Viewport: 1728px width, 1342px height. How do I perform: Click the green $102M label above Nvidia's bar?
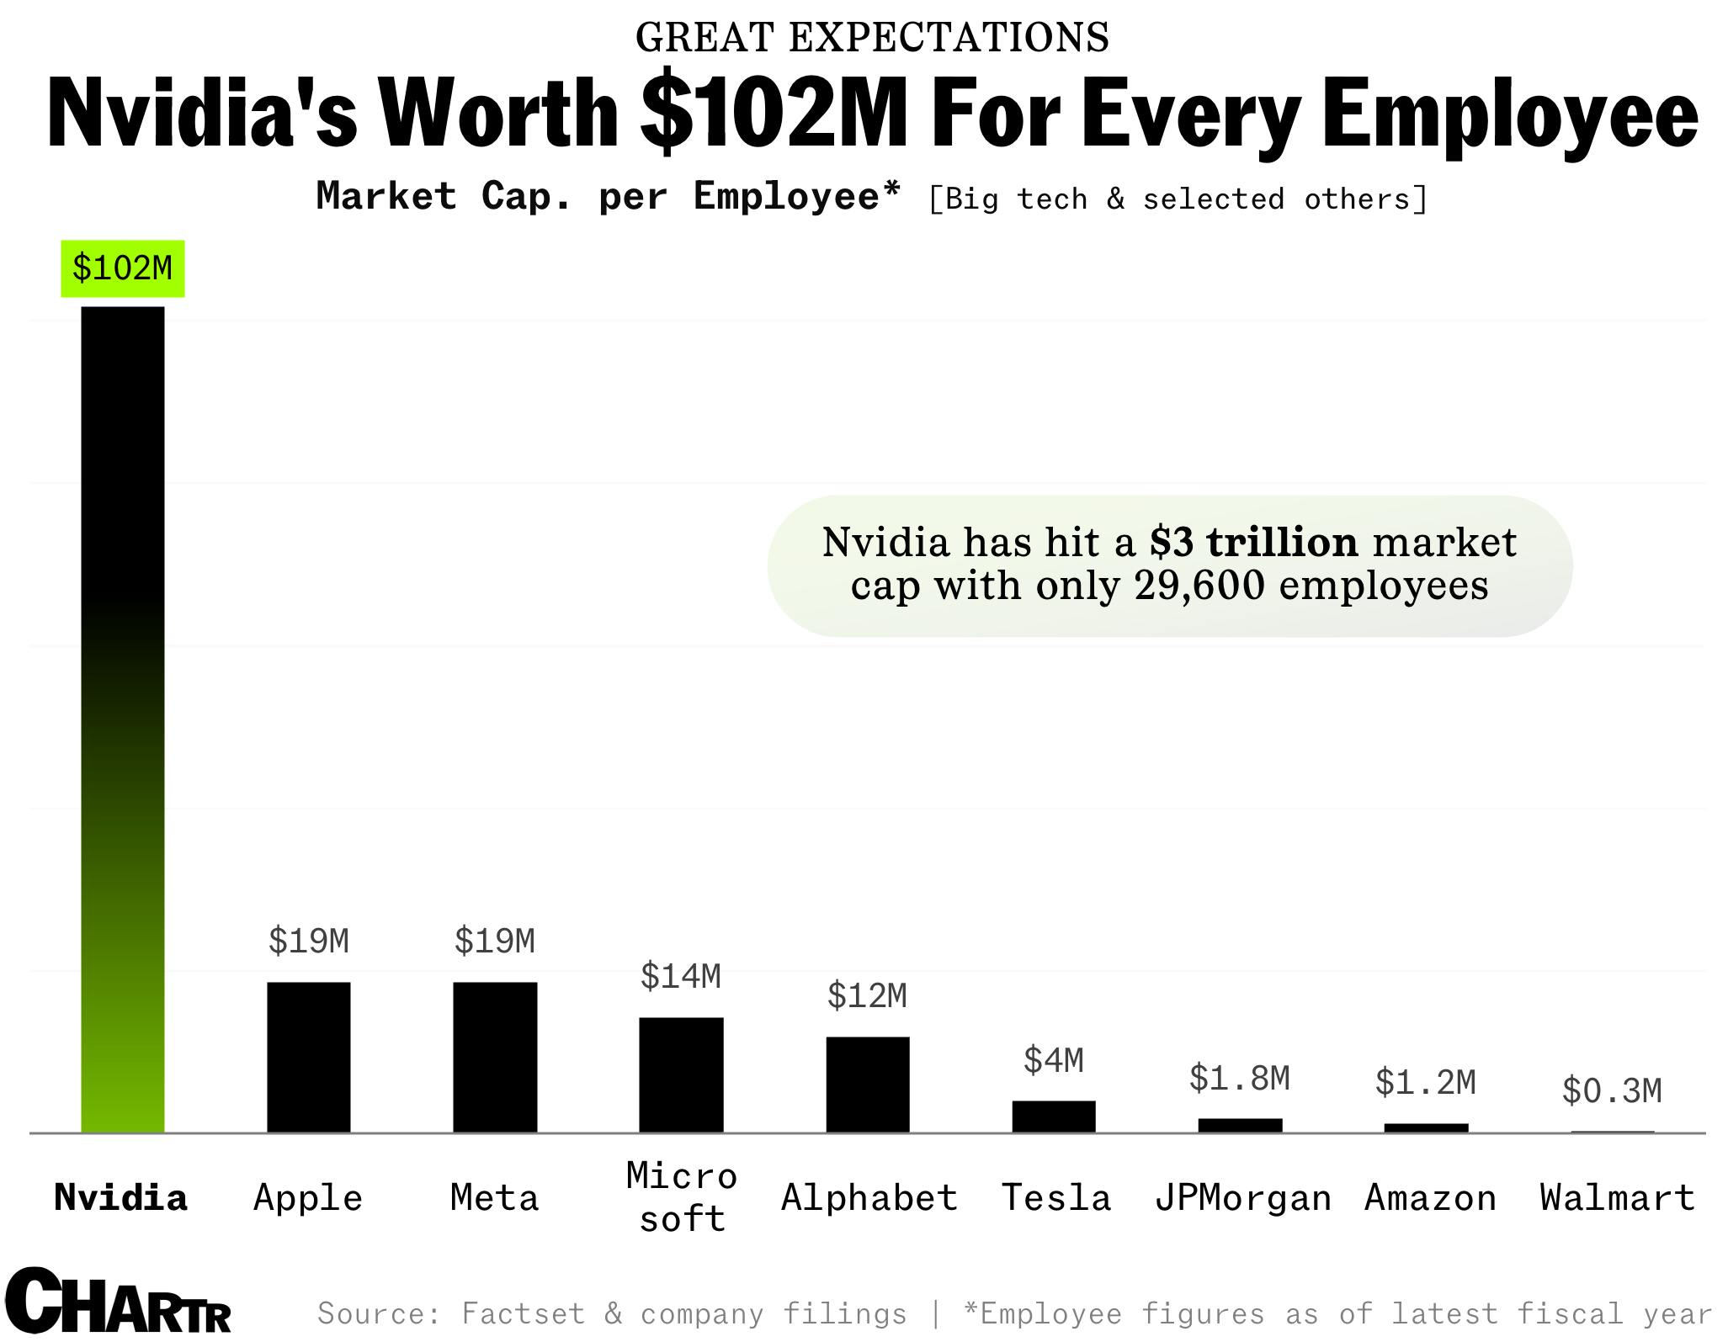tap(122, 268)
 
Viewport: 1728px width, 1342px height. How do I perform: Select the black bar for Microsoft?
tap(681, 1074)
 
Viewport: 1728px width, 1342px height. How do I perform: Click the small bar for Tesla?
tap(1053, 1116)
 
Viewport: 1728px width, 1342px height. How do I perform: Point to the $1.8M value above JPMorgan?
tap(1239, 1078)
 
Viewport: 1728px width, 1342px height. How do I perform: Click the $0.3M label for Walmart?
tap(1612, 1091)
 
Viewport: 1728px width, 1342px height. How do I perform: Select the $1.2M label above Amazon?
tap(1425, 1082)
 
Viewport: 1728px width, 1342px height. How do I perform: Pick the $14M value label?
tap(680, 976)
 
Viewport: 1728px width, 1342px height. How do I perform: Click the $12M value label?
tap(867, 996)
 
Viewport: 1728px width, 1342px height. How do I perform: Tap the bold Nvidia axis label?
tap(120, 1197)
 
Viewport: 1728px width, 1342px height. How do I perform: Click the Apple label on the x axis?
tap(308, 1197)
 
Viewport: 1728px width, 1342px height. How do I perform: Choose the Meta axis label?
tap(494, 1197)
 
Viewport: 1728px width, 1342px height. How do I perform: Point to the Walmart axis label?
tap(1617, 1197)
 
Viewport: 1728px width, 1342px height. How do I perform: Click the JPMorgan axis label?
tap(1242, 1197)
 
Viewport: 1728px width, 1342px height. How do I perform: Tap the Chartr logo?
tap(118, 1302)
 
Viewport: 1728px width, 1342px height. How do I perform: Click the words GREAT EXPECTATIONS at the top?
tap(872, 37)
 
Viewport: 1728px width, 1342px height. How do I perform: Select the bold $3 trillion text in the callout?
tap(1253, 542)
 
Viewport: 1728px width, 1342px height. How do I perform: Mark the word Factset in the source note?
tap(523, 1313)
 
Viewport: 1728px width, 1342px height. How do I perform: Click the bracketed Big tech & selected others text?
tap(1178, 199)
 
